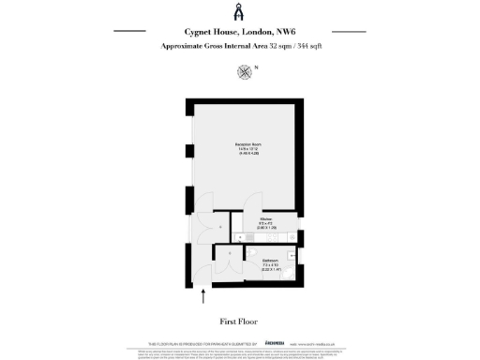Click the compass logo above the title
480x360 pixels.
239,12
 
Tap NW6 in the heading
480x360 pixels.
284,31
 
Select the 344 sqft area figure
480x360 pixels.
308,45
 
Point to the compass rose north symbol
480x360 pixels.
246,70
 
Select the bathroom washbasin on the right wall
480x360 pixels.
292,254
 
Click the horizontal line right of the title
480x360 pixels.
348,31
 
